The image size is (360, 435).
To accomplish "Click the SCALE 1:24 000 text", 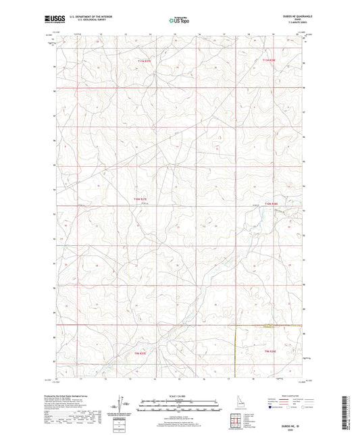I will (x=178, y=396).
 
